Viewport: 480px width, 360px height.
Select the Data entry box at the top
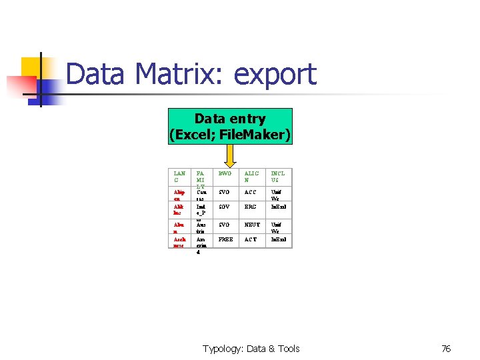[x=230, y=127]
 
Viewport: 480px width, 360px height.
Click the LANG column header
[x=180, y=177]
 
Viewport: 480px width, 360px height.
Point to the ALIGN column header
[x=251, y=177]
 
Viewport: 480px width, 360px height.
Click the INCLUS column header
[x=277, y=177]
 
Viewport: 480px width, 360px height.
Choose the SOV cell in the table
[x=225, y=207]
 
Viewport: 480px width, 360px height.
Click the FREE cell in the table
[x=226, y=238]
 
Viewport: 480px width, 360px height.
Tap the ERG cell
[x=251, y=207]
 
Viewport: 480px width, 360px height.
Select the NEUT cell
[x=252, y=225]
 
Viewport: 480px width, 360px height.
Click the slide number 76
[x=446, y=349]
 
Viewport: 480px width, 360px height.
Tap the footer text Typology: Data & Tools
[x=251, y=349]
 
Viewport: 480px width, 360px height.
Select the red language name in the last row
[x=180, y=242]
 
